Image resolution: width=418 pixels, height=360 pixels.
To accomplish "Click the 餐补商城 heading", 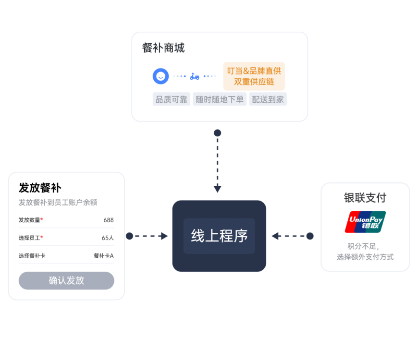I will (163, 48).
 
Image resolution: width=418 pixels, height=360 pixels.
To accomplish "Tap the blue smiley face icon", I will (161, 76).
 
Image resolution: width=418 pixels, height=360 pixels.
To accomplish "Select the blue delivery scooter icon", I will (195, 76).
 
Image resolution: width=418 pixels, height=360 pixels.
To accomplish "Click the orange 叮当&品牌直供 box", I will (254, 76).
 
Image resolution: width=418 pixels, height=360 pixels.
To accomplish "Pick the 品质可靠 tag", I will (172, 99).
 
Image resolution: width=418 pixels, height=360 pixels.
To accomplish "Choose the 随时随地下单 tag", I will (220, 99).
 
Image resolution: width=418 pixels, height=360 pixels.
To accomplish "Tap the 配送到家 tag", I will (268, 99).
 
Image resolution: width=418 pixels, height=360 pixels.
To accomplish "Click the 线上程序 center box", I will (219, 236).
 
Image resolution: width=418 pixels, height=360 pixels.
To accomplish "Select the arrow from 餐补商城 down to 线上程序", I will (217, 163).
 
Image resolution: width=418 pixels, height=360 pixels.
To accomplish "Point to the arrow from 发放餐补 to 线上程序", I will (148, 236).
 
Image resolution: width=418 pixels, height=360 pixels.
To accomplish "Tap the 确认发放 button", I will (66, 280).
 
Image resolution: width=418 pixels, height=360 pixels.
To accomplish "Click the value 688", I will (109, 220).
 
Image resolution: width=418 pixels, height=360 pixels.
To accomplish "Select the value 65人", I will (108, 238).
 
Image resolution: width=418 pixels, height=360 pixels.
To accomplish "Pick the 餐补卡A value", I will (103, 256).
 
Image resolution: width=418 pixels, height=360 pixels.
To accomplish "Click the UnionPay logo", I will (365, 222).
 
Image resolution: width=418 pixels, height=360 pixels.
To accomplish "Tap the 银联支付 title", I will (365, 198).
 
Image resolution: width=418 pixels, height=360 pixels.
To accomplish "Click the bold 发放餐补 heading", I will (40, 188).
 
